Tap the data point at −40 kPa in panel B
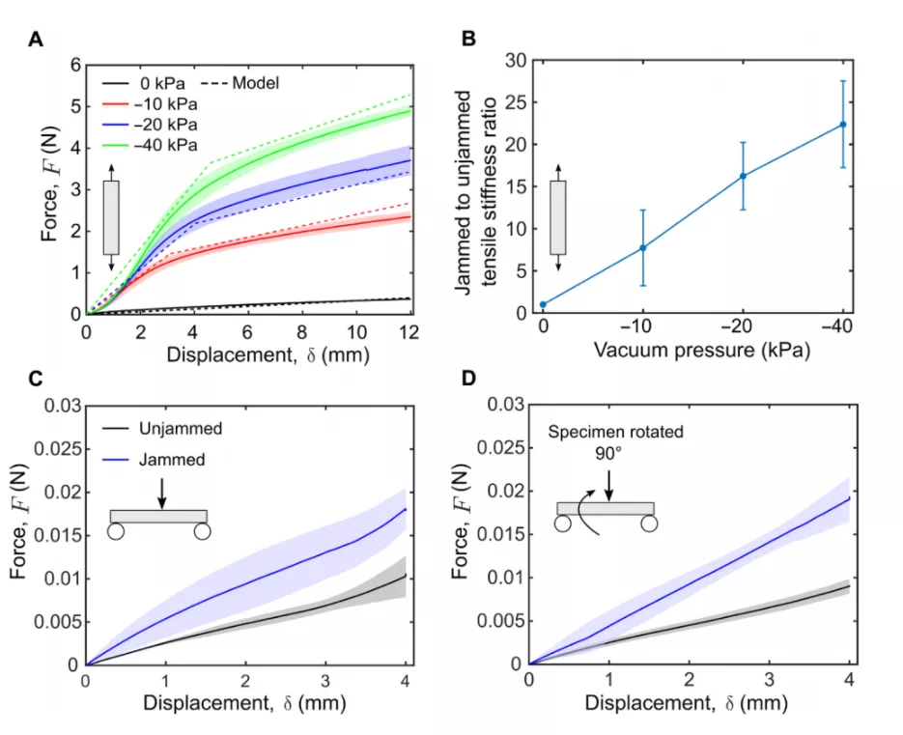[x=843, y=124]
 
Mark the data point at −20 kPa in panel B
[x=743, y=176]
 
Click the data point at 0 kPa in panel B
[x=543, y=304]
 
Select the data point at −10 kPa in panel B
[x=642, y=247]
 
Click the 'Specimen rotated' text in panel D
[x=616, y=433]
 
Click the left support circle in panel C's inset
[x=117, y=530]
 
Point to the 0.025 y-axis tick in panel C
[x=55, y=447]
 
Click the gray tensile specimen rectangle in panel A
[x=111, y=217]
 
